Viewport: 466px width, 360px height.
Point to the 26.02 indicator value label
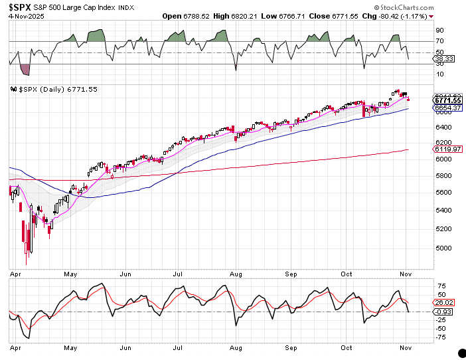[443, 303]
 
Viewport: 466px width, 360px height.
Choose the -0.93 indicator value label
[443, 312]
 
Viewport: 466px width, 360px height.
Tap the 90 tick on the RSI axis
[439, 30]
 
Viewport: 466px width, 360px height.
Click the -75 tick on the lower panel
[440, 337]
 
